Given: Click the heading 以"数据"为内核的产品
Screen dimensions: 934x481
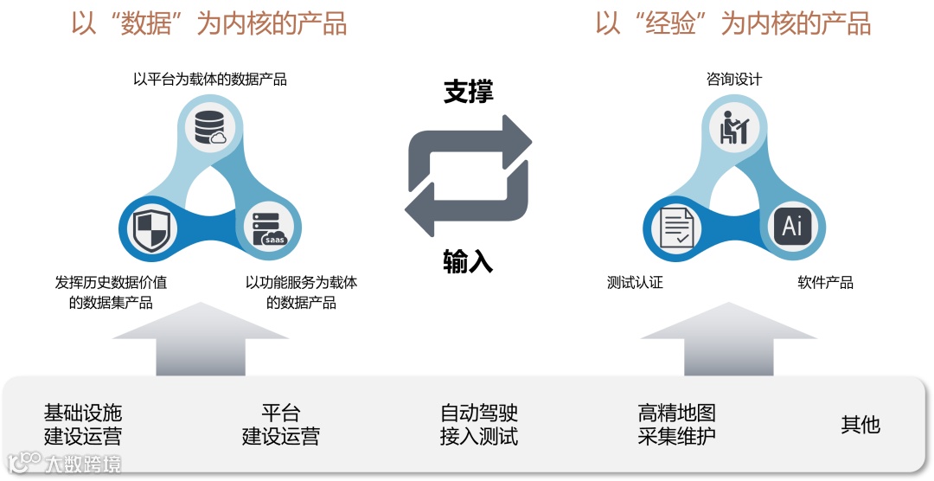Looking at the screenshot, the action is (208, 23).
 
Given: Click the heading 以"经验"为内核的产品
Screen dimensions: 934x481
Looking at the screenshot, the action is (732, 23).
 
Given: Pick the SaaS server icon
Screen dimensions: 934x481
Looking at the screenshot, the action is (268, 228).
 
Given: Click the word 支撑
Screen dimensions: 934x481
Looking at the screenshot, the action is (468, 93).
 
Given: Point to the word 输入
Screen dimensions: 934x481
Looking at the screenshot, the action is (468, 261).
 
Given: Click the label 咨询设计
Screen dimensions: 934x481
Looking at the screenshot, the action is (734, 80).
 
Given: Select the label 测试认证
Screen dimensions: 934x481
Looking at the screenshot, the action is (635, 283).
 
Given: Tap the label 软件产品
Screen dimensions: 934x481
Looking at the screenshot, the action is (825, 283).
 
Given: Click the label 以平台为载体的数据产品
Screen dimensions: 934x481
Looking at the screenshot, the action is (209, 80).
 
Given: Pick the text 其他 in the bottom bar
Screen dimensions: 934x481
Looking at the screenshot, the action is (860, 424).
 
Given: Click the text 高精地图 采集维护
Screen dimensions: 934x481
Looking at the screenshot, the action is (677, 424).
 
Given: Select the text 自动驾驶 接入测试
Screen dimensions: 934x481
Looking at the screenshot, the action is (479, 424).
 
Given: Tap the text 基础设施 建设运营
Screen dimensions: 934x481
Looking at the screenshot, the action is (83, 424).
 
